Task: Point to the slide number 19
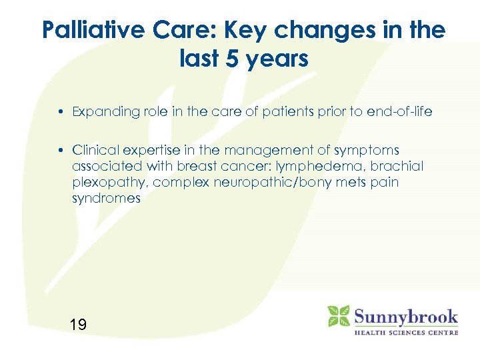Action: click(x=78, y=325)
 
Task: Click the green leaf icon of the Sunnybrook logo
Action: click(x=339, y=317)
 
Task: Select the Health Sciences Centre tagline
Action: click(x=405, y=333)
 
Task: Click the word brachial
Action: click(x=400, y=166)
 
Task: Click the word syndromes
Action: click(x=106, y=198)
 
